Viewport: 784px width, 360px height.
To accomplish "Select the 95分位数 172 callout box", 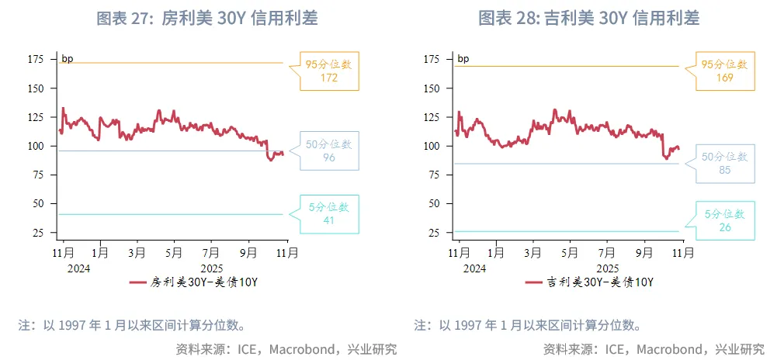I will click(x=329, y=71).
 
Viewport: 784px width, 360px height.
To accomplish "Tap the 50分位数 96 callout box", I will click(x=329, y=151).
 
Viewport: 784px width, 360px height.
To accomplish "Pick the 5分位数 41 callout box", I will click(x=329, y=213).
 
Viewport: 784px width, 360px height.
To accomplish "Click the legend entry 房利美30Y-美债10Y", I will click(x=194, y=282).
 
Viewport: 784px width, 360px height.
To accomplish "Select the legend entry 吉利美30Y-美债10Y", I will click(x=590, y=282).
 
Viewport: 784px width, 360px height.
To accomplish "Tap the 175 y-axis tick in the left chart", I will click(x=35, y=59).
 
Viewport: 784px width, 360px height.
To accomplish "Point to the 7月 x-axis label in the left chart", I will click(x=211, y=253).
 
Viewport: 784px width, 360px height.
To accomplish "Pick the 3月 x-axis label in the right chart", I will click(x=532, y=253).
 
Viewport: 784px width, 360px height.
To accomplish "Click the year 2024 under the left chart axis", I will click(x=78, y=268).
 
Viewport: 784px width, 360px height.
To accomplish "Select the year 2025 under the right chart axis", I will click(x=608, y=268).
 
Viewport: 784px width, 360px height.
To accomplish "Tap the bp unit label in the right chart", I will click(x=463, y=59).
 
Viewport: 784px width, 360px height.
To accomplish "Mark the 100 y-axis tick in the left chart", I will click(x=35, y=146).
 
